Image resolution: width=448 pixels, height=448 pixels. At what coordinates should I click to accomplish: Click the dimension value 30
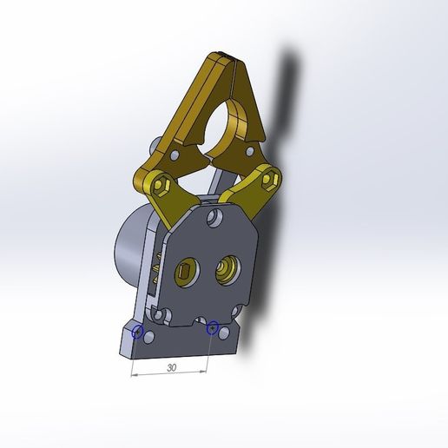171,368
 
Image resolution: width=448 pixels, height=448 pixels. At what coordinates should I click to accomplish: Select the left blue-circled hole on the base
136,332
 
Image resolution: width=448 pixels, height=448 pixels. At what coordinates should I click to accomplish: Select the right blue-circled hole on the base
212,327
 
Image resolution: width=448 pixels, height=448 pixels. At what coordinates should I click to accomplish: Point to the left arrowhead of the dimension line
134,375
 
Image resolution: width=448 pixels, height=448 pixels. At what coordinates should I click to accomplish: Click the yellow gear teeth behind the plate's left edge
158,269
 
